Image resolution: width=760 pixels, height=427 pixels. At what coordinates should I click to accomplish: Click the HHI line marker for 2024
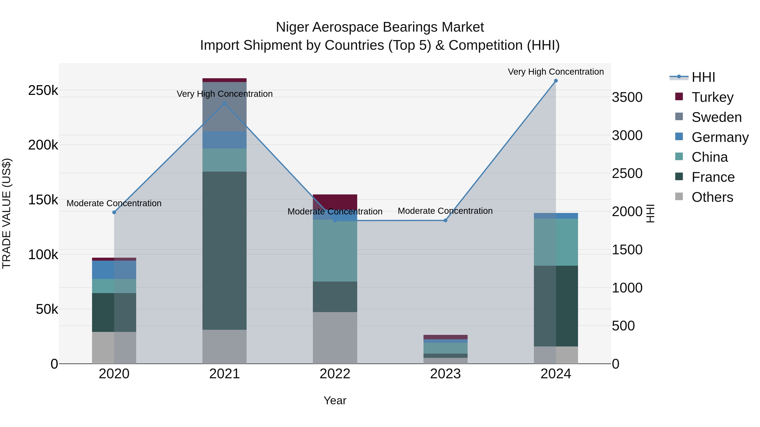(x=556, y=81)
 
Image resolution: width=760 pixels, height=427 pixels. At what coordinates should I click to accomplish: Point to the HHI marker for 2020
(x=114, y=212)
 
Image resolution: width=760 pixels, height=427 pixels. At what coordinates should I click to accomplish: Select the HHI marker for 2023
(x=445, y=220)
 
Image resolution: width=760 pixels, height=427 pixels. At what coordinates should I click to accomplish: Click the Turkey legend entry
(x=712, y=97)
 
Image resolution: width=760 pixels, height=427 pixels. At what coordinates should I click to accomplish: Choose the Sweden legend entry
(x=716, y=117)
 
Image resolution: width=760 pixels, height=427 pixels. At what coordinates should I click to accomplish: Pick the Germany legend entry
(x=720, y=137)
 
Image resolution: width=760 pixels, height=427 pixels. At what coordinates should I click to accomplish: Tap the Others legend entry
(x=712, y=197)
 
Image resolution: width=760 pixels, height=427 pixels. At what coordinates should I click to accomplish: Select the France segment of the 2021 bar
(x=225, y=251)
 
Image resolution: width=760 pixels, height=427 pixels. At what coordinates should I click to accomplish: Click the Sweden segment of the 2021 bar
(x=225, y=107)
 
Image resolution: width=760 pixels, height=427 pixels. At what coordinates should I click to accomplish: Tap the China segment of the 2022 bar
(x=335, y=251)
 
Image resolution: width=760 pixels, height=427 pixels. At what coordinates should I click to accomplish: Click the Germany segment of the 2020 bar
(x=114, y=270)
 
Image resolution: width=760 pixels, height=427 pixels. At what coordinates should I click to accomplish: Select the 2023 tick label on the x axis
(x=445, y=374)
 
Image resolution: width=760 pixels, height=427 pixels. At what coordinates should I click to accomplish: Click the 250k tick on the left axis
(x=43, y=90)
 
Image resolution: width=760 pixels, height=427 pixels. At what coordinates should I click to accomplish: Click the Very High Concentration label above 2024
(x=556, y=72)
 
